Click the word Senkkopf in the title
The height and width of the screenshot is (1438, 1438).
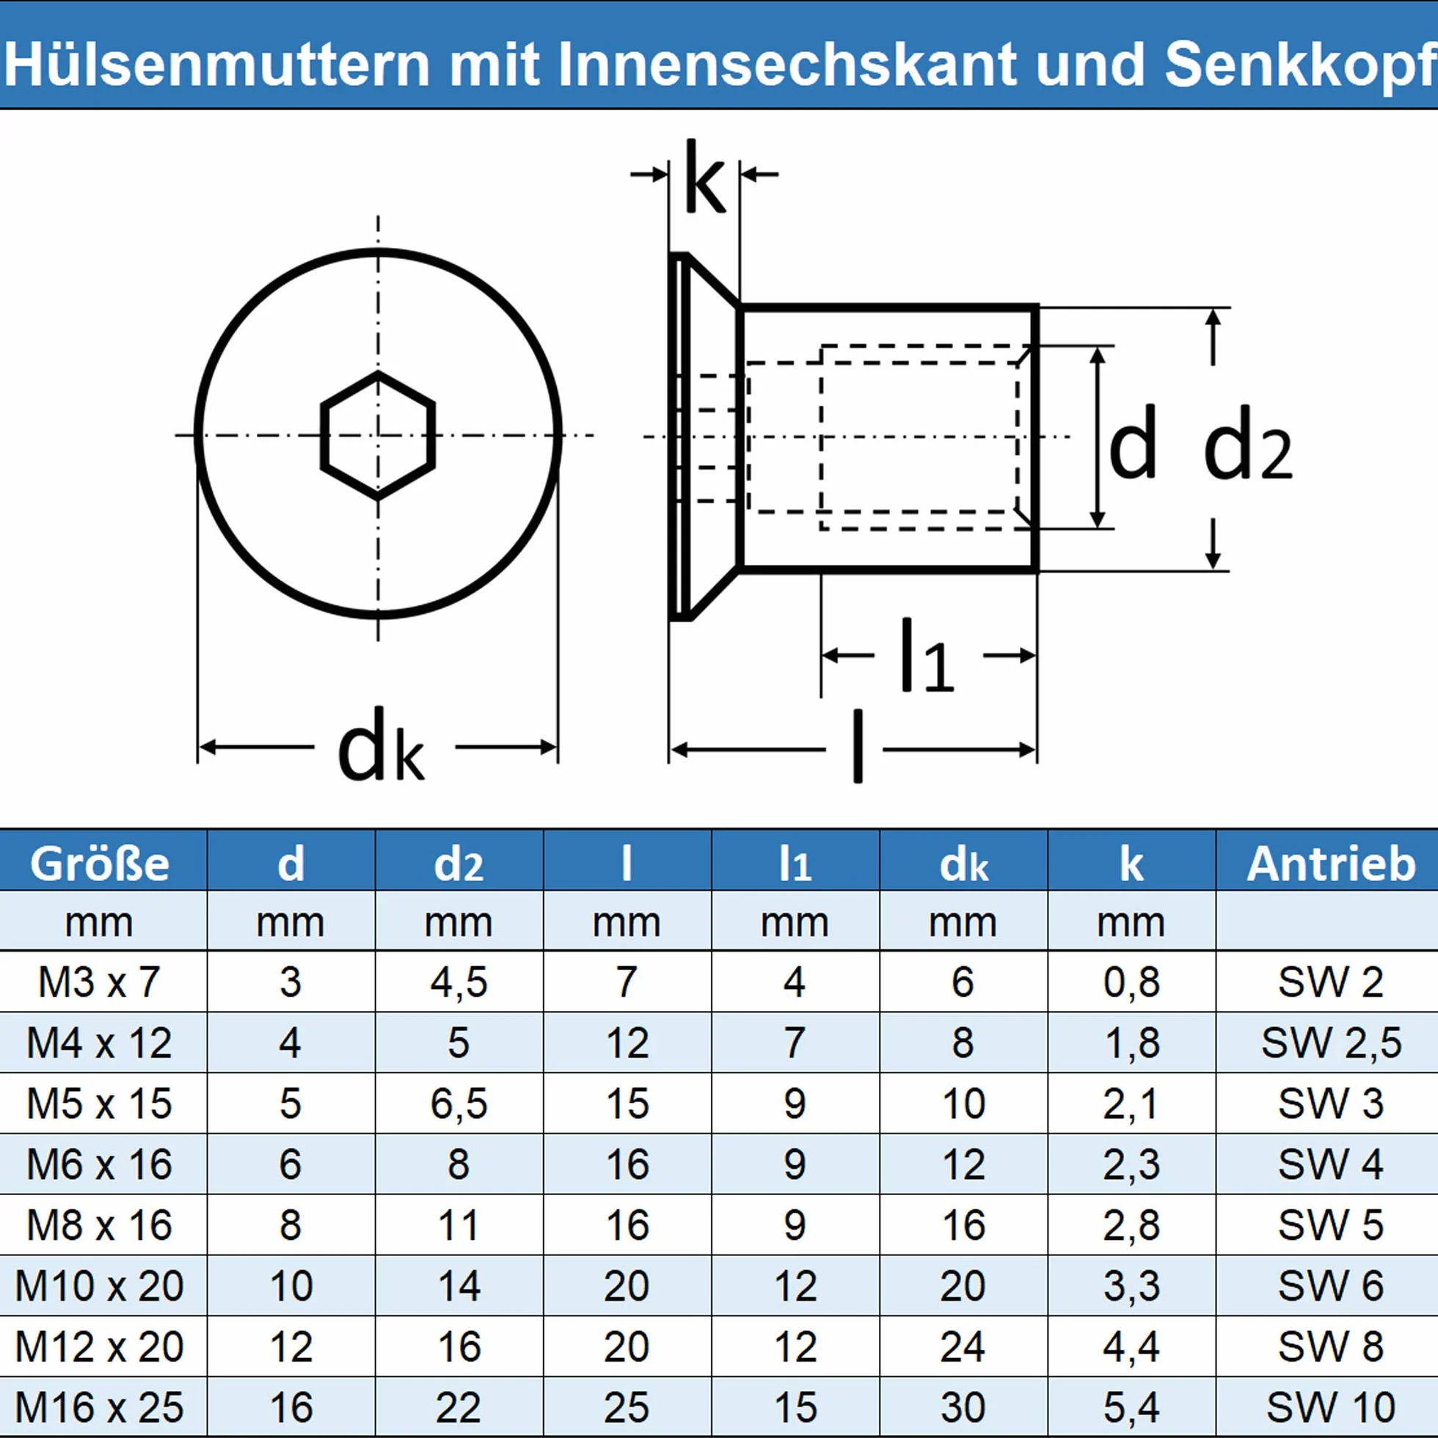1301,65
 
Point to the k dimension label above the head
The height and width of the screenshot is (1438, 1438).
704,176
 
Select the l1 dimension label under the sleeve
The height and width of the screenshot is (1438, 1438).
926,655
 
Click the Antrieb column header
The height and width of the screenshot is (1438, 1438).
1331,864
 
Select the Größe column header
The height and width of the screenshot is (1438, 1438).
100,864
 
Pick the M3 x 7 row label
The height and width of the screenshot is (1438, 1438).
99,982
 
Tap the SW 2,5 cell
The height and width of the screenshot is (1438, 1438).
1331,1043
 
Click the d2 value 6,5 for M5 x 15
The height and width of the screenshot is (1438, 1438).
459,1103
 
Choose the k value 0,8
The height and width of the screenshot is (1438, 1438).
1131,982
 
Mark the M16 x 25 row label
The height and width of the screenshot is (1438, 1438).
99,1407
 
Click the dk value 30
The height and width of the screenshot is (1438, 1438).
963,1407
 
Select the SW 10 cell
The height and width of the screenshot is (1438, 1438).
1331,1407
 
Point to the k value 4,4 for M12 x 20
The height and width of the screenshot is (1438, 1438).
1131,1347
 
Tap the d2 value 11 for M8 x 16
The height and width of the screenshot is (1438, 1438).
459,1225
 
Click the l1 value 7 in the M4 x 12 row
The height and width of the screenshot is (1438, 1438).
795,1043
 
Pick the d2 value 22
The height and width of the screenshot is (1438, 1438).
459,1407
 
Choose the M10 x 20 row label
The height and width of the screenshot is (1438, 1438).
99,1286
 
